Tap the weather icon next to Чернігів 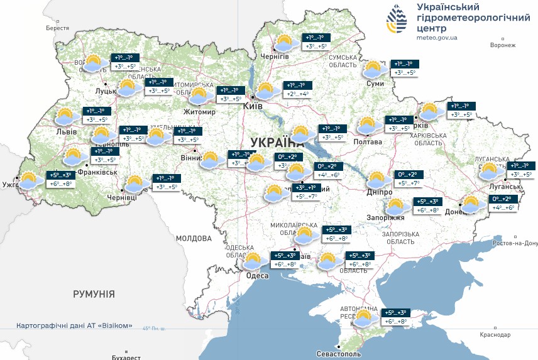tap(285, 43)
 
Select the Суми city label tap(375, 84)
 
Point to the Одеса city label tap(258, 275)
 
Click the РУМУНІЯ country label tap(94, 293)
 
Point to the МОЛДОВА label tap(194, 239)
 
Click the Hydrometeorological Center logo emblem tap(396, 20)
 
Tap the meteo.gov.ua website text tap(437, 38)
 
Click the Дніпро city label tap(380, 192)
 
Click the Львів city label tap(67, 132)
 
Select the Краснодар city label tap(494, 335)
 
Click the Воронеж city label tap(502, 45)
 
